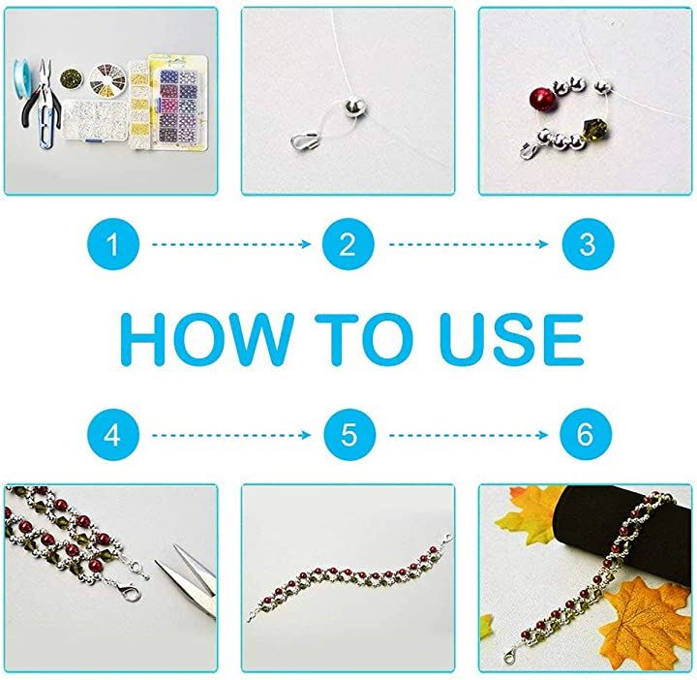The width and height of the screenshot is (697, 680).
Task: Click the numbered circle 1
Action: coord(113,244)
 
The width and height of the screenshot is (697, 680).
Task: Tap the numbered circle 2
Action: coord(348,244)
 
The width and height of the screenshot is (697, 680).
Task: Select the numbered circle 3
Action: coord(588,244)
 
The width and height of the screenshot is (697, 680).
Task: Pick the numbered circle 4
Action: coord(113,435)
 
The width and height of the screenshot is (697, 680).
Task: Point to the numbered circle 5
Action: coord(349,435)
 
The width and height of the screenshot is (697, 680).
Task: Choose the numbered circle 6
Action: coord(586,435)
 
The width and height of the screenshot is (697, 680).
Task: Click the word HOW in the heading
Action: coord(207,340)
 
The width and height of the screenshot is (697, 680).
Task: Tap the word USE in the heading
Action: coord(512,340)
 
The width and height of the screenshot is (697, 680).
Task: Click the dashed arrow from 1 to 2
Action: coord(231,244)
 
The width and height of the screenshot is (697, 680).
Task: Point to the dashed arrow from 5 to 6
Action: coord(469,435)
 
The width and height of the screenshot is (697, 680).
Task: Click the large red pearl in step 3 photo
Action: coord(540,99)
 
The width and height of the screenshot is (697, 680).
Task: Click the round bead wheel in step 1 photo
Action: coord(107,79)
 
